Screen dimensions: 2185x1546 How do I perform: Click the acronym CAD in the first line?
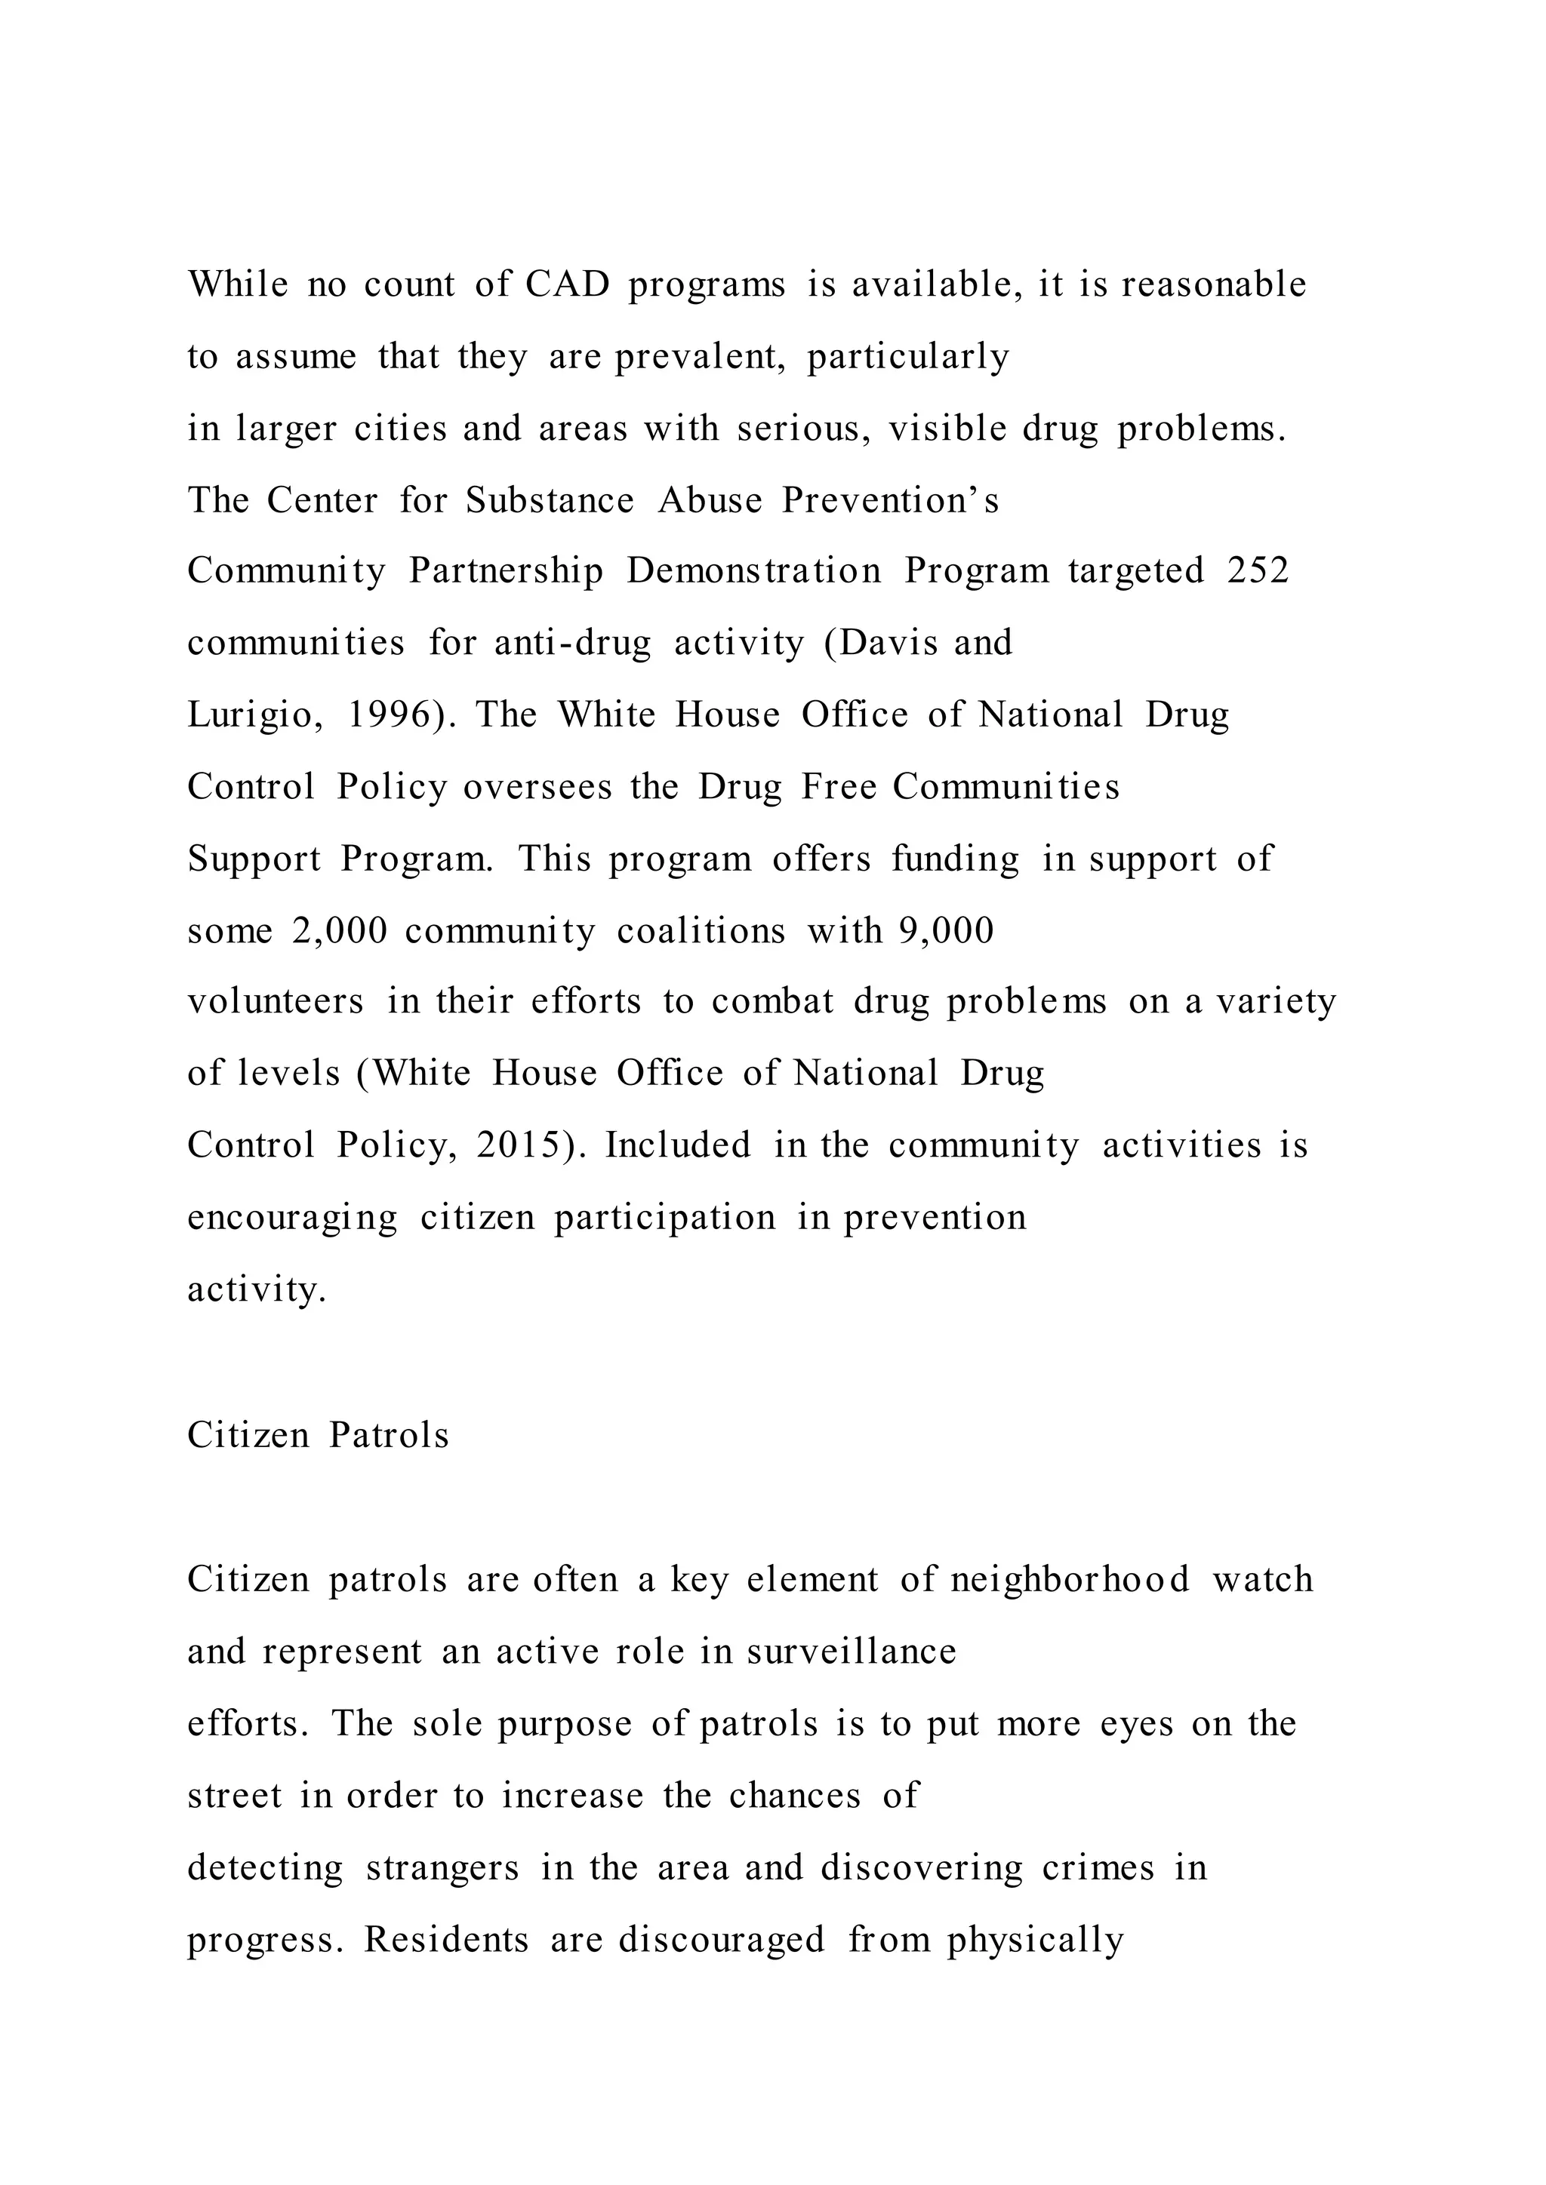click(568, 284)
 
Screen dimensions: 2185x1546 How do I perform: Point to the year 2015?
click(525, 1145)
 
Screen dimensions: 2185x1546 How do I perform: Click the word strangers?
click(442, 1868)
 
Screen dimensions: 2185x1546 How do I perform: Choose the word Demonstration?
click(754, 571)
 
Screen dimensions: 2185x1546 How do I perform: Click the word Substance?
click(550, 500)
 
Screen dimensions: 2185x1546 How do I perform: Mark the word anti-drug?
click(573, 644)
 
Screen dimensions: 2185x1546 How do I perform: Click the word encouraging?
click(292, 1218)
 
